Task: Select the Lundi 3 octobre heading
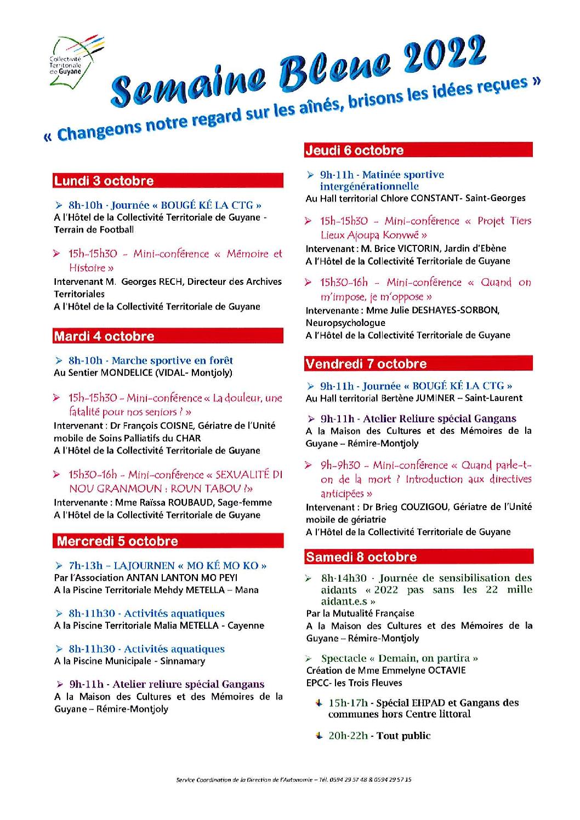[x=104, y=181]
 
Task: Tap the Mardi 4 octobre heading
[x=104, y=336]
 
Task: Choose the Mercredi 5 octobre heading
[x=117, y=541]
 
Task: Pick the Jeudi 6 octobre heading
[x=354, y=150]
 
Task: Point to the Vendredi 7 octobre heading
[x=366, y=364]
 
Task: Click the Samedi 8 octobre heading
[x=361, y=557]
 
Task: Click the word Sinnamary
[x=183, y=661]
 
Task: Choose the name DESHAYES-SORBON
[x=452, y=310]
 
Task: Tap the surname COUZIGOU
[x=422, y=507]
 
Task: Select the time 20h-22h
[x=348, y=736]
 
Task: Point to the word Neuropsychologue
[x=345, y=323]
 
